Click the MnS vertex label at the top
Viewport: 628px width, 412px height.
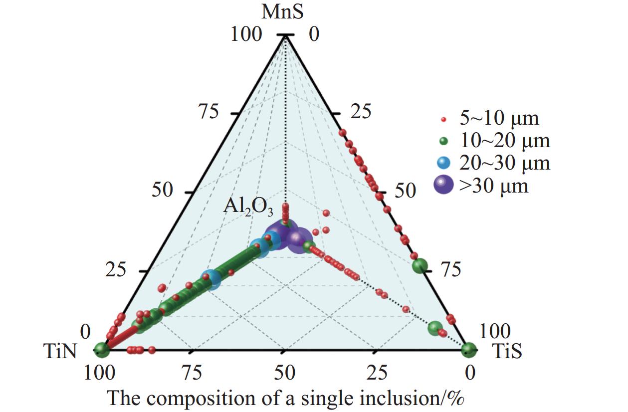click(x=282, y=12)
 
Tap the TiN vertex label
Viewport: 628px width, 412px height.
click(x=60, y=351)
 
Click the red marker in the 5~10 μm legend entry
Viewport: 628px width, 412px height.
click(x=443, y=120)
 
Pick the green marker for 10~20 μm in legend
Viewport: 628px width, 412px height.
click(x=443, y=142)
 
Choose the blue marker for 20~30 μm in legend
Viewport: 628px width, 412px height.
click(x=443, y=163)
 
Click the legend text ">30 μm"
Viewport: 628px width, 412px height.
click(x=494, y=186)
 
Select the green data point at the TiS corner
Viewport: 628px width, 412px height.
click(x=469, y=350)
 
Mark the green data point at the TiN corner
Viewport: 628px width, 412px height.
click(x=101, y=350)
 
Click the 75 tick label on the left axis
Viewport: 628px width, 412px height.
click(x=209, y=111)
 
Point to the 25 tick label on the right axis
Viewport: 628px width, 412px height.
click(x=361, y=111)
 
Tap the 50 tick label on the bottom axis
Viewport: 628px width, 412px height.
click(x=285, y=373)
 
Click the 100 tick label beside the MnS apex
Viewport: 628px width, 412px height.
click(x=246, y=34)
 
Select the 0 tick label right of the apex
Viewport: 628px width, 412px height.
click(x=314, y=34)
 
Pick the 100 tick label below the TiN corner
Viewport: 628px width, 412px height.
click(x=100, y=373)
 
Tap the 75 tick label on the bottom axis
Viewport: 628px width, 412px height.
click(x=192, y=373)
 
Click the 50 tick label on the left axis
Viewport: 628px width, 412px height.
click(x=162, y=190)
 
